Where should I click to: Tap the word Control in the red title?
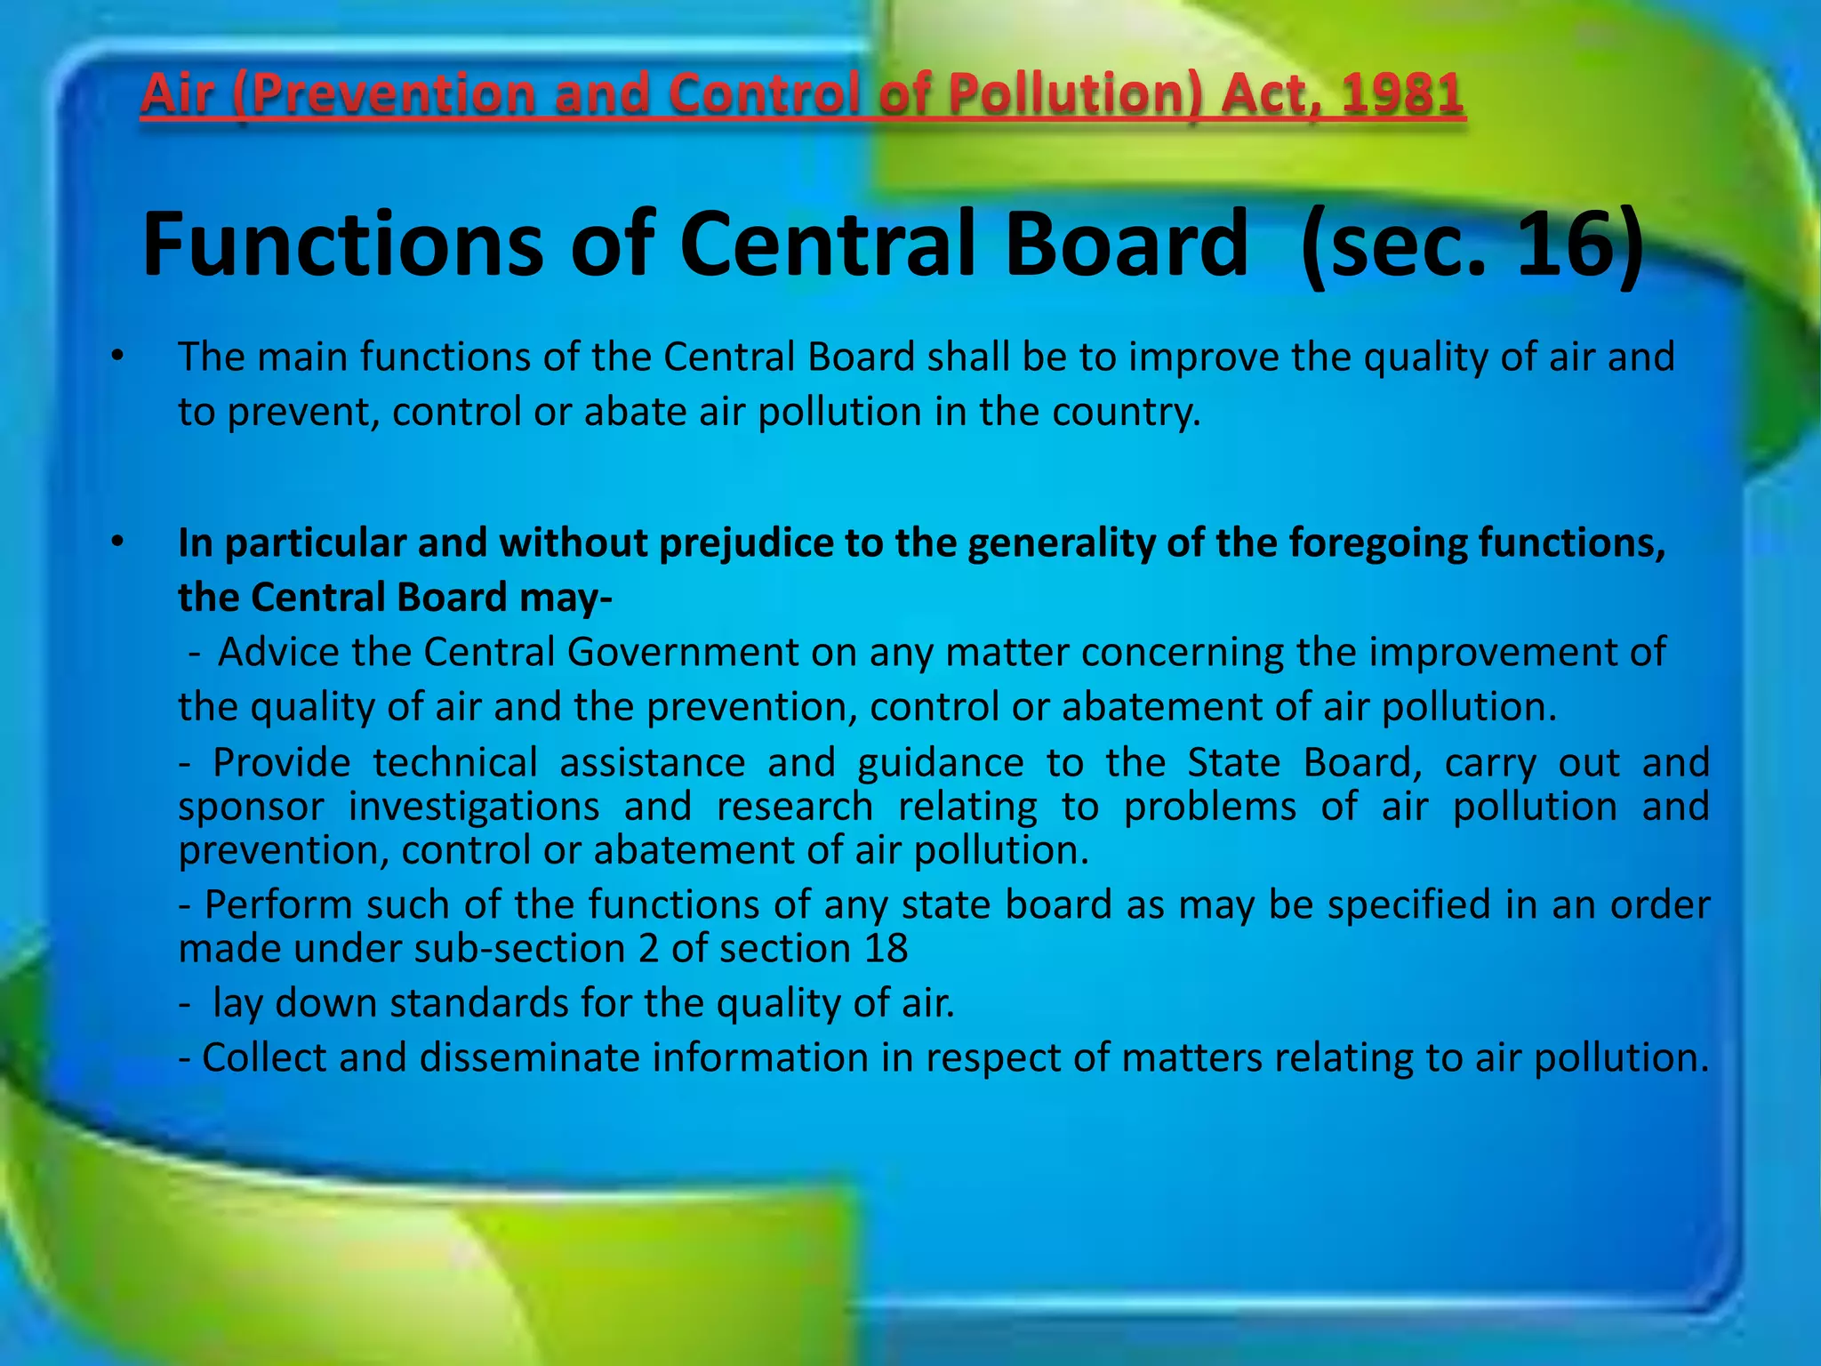764,93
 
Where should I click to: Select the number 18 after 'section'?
886,949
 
